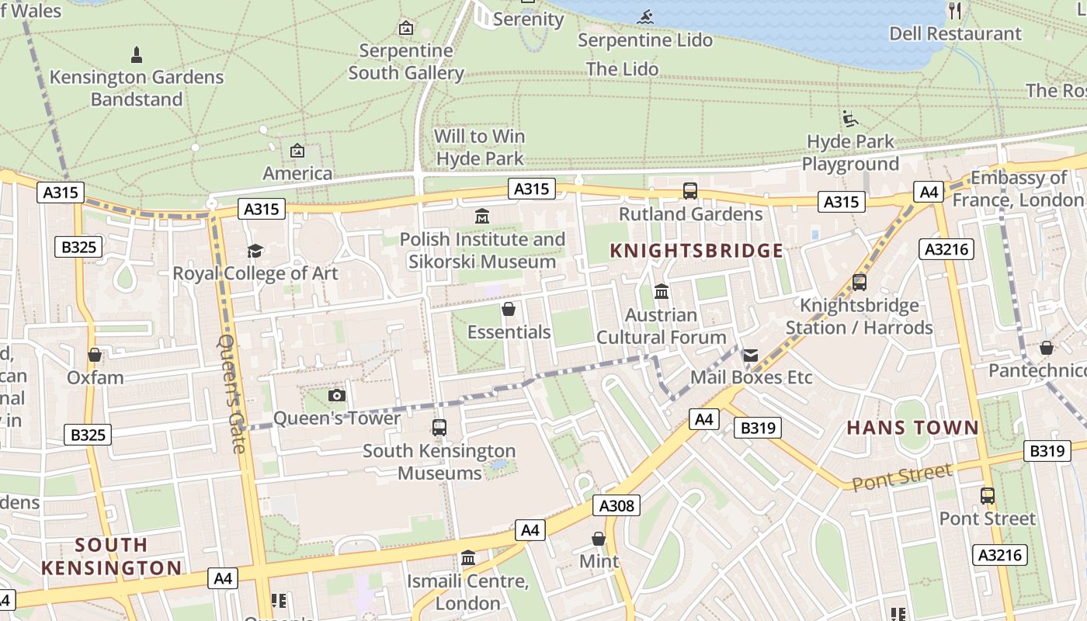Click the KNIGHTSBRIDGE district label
click(x=696, y=251)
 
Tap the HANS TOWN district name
click(x=912, y=428)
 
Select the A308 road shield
click(x=617, y=506)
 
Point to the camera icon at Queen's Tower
click(x=336, y=396)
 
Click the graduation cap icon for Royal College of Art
click(x=255, y=251)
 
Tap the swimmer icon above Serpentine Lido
click(x=645, y=17)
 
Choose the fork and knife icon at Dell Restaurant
click(x=955, y=11)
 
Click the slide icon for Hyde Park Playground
click(x=850, y=119)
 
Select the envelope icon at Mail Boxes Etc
click(x=750, y=356)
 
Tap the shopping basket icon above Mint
click(x=599, y=539)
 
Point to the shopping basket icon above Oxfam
click(x=95, y=356)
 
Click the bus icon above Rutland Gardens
click(x=689, y=190)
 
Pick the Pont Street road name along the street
click(x=901, y=477)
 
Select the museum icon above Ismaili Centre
click(x=468, y=558)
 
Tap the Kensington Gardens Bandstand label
click(x=137, y=88)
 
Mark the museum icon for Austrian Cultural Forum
click(x=662, y=292)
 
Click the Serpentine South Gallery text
click(x=406, y=62)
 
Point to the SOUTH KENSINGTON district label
click(x=111, y=557)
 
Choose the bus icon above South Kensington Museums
click(x=439, y=428)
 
